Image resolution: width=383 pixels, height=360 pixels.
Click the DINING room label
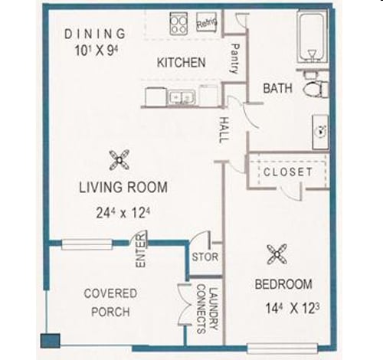coord(95,34)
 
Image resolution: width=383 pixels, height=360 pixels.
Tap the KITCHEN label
coord(181,62)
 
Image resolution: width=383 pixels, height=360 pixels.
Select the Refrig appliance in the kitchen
coord(207,23)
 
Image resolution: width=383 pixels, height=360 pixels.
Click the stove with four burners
coord(179,23)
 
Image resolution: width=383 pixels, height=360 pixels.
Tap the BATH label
coord(277,89)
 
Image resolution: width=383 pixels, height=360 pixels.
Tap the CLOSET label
coord(288,172)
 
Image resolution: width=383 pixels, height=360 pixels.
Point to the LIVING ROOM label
coord(123,187)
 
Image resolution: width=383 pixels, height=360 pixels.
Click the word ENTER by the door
coord(141,254)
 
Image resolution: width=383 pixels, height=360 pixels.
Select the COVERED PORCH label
coord(110,303)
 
